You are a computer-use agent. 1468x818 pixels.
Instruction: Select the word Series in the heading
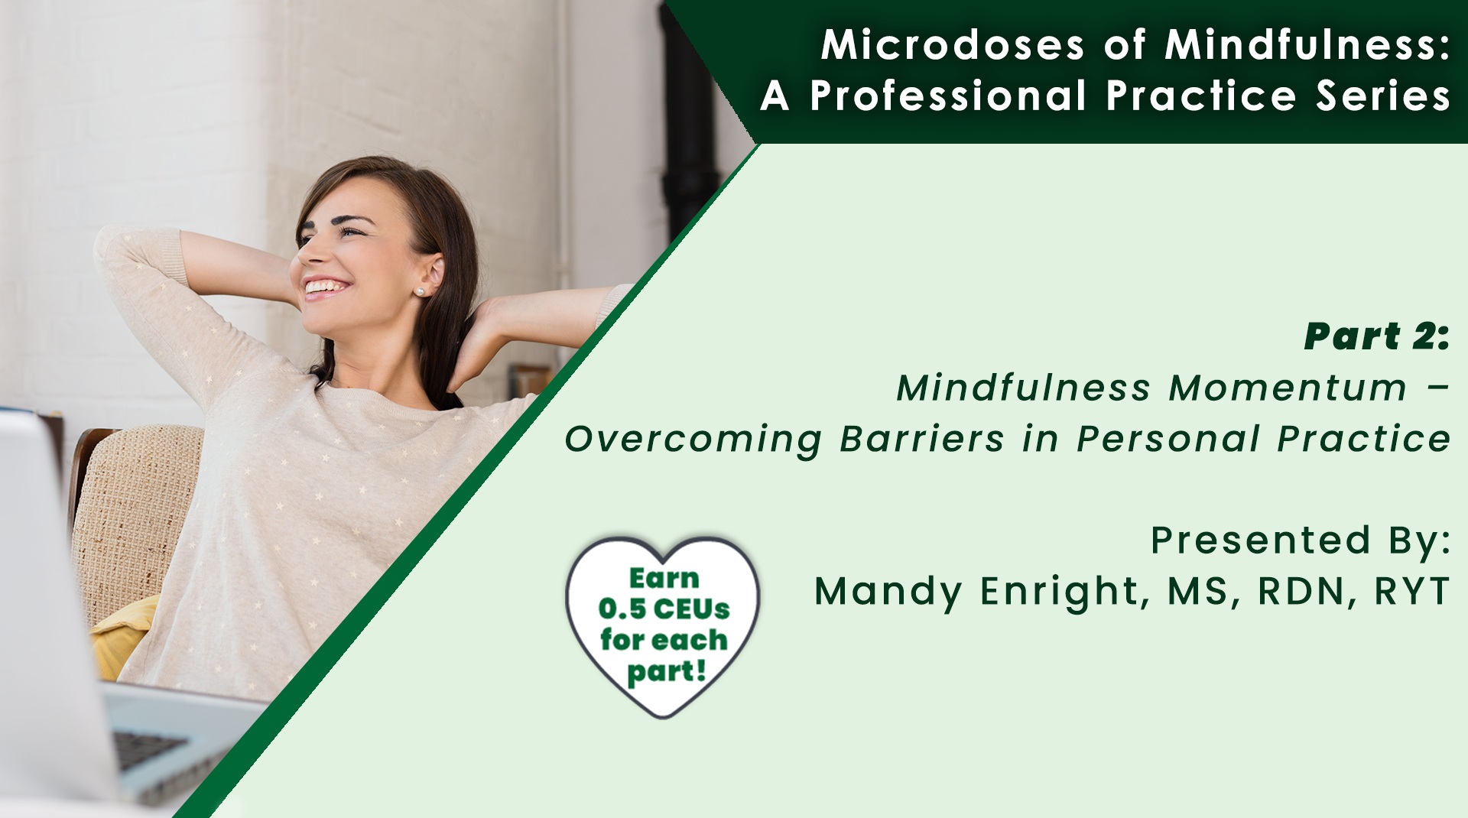[1383, 96]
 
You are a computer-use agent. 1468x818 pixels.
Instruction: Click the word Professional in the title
[948, 96]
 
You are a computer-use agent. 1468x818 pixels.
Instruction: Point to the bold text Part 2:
[1377, 336]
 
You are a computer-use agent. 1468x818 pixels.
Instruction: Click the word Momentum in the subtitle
[1288, 388]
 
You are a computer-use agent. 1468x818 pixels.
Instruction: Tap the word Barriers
[922, 439]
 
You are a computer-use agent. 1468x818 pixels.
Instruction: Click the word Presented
[1261, 540]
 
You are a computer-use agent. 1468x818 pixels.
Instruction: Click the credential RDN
[1301, 591]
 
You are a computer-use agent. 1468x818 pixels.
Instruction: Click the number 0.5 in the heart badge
[622, 609]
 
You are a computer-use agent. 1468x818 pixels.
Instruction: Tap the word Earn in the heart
[664, 578]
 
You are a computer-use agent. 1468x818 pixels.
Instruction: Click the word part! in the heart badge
[666, 673]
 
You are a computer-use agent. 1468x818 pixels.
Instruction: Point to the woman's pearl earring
[420, 292]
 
